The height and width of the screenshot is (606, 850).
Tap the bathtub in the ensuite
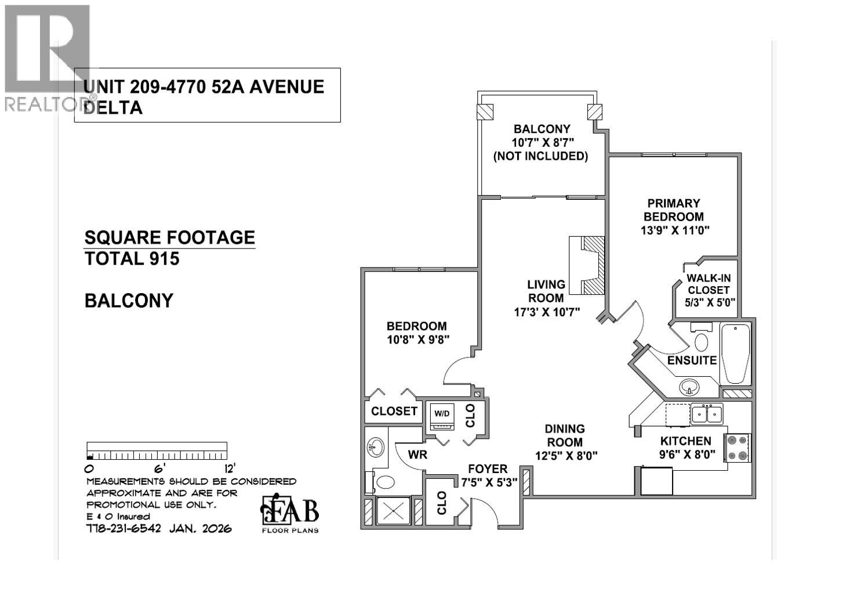(x=735, y=353)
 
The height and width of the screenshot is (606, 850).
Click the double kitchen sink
(x=707, y=414)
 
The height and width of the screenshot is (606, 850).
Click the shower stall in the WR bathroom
(x=394, y=511)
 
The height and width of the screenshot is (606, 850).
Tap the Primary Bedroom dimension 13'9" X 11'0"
(x=675, y=230)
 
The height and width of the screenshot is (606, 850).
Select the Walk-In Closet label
(x=707, y=284)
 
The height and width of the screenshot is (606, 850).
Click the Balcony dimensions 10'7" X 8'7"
(x=540, y=143)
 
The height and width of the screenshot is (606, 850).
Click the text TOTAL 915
(x=132, y=259)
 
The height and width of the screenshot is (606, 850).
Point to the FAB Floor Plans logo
(x=290, y=513)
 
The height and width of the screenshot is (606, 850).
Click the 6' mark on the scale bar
(x=158, y=467)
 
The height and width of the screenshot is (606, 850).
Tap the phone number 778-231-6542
(x=123, y=528)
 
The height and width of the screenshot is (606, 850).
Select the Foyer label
(x=488, y=468)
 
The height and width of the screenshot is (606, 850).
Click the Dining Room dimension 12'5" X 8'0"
(x=565, y=456)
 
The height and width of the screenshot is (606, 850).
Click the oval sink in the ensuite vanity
(x=689, y=385)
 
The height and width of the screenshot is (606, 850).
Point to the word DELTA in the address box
(x=114, y=108)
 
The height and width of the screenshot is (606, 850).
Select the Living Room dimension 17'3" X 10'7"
(x=547, y=312)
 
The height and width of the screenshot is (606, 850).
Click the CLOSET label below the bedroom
(x=394, y=411)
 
